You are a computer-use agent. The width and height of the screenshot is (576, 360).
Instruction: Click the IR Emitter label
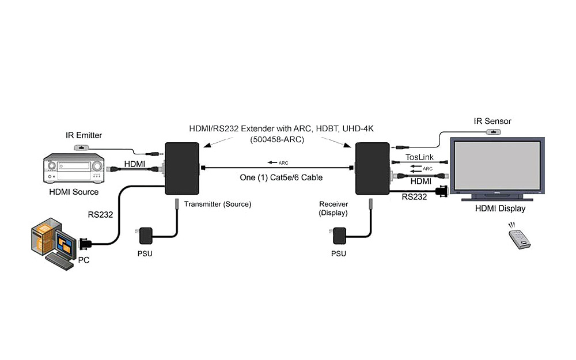pyautogui.click(x=84, y=135)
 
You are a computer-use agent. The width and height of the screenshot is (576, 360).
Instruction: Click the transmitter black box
pyautogui.click(x=182, y=168)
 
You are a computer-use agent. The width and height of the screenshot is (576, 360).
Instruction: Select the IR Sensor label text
pyautogui.click(x=492, y=121)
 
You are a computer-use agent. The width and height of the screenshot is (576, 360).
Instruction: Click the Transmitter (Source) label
pyautogui.click(x=218, y=204)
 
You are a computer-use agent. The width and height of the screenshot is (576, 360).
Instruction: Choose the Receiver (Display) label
pyautogui.click(x=334, y=209)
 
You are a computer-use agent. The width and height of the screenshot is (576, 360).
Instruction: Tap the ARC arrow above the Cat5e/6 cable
pyautogui.click(x=278, y=163)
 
